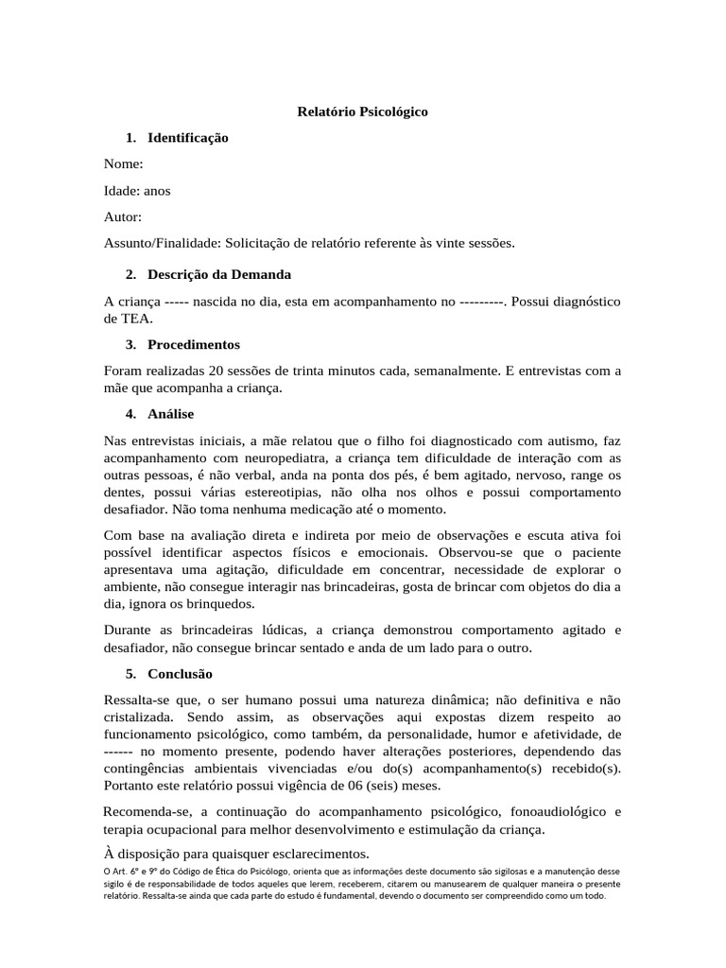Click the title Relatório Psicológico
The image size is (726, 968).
[362, 112]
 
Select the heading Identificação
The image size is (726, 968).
[187, 138]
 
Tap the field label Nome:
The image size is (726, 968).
[123, 164]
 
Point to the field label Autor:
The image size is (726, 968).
[123, 216]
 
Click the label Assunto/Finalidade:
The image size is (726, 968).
[162, 243]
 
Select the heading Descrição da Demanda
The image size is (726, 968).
[218, 274]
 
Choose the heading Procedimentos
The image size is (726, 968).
[194, 344]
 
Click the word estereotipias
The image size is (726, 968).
[269, 492]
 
